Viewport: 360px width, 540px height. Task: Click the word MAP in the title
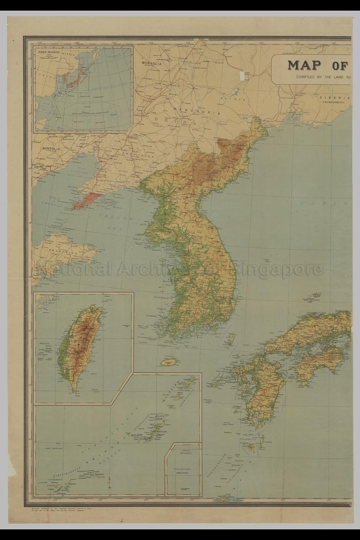[305, 65]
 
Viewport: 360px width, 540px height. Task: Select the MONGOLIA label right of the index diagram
[152, 64]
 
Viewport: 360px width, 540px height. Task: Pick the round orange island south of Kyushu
[251, 447]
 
